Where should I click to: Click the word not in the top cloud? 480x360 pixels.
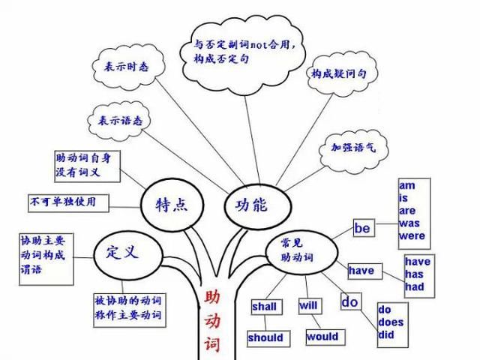tap(259, 45)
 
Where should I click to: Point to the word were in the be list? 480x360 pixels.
tap(412, 236)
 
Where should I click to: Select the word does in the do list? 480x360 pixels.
tap(391, 322)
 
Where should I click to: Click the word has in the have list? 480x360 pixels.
tap(414, 274)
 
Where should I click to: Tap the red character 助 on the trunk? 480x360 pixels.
tap(212, 297)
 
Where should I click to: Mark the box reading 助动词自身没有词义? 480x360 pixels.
tap(87, 166)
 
